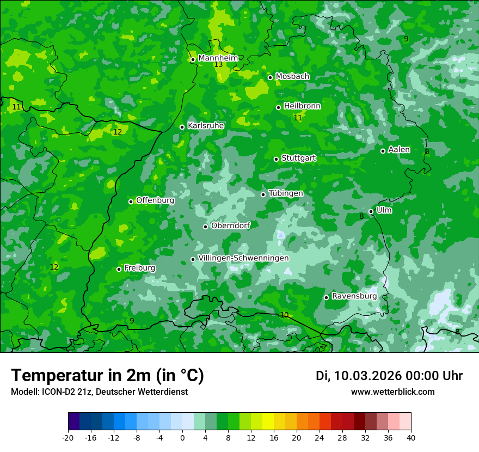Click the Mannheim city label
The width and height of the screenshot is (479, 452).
pos(218,58)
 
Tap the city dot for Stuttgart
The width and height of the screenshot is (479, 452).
pos(276,159)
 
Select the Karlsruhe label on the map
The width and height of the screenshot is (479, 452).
pos(206,126)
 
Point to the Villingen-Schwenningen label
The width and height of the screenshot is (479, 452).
pos(243,258)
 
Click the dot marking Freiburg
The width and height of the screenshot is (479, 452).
pos(119,269)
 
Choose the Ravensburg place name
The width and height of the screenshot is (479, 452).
pos(354,296)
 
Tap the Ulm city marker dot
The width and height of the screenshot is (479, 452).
pos(371,211)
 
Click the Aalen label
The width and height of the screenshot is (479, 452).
pos(399,150)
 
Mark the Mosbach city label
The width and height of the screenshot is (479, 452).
pos(292,76)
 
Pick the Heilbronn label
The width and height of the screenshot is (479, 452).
pos(302,106)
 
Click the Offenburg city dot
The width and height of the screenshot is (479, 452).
pos(131,201)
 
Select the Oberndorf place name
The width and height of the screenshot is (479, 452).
pos(230,225)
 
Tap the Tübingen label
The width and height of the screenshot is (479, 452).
pos(286,193)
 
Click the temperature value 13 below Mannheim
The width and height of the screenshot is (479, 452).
pos(218,65)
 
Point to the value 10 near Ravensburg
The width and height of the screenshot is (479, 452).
pos(284,315)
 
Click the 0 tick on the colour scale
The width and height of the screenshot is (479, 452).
pos(182,437)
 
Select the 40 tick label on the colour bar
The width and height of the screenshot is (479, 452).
pos(410,437)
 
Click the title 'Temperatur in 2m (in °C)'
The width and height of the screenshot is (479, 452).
pos(107,376)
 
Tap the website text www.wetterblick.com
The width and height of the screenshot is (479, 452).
pos(392,392)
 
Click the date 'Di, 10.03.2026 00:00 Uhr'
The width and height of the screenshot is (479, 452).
pos(389,376)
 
